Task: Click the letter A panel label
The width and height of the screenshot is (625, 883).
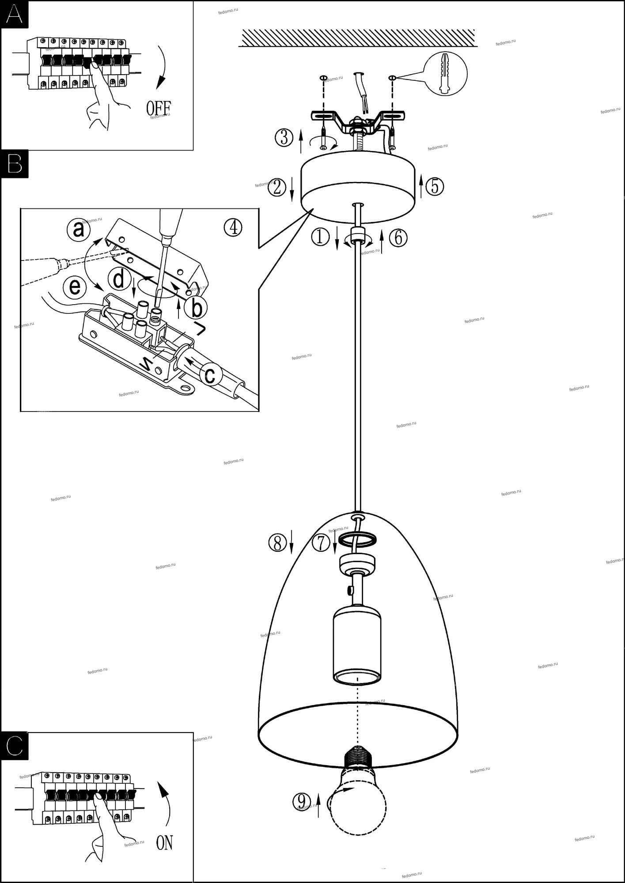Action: tap(14, 15)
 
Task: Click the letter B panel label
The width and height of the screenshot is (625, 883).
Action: tap(15, 163)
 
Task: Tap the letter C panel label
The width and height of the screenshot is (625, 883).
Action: tap(15, 746)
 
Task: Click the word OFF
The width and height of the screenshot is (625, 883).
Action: tap(158, 108)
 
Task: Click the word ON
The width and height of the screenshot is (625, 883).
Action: tap(165, 843)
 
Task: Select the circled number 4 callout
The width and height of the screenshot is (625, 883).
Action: tap(233, 227)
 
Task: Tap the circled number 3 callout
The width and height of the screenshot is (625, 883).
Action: tap(284, 137)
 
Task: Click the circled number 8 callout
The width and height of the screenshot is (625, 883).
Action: tap(278, 543)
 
